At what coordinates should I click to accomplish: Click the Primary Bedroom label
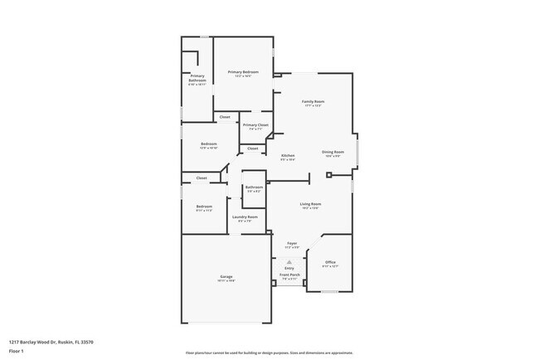click(x=243, y=72)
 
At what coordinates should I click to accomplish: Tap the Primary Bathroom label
click(x=197, y=79)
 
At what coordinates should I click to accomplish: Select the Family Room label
click(x=313, y=101)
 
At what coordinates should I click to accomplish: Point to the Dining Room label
click(x=333, y=152)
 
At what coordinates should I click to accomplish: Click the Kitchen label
click(x=288, y=156)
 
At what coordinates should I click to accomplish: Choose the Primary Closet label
click(x=255, y=125)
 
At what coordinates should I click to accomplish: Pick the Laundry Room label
click(x=245, y=217)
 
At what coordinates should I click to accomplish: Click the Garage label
click(x=226, y=276)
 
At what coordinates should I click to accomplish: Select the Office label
click(x=330, y=262)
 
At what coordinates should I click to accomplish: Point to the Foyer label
click(x=292, y=244)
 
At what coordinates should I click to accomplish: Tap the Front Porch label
click(x=289, y=275)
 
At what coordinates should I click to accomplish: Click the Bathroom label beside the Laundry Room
click(x=254, y=187)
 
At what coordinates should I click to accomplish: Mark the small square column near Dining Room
click(x=329, y=175)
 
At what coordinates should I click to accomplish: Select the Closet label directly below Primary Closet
click(x=253, y=148)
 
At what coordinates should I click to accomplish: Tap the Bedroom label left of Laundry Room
click(x=204, y=207)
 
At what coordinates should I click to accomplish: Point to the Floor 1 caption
click(x=17, y=351)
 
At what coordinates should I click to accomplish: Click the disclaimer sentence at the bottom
click(x=269, y=353)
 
